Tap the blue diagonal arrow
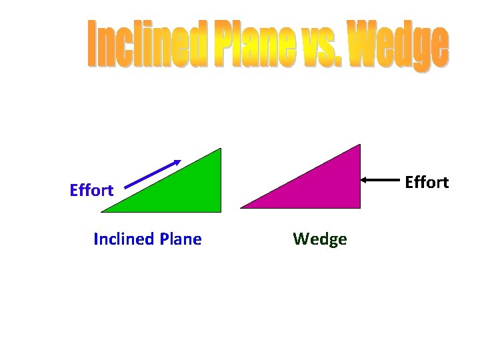tap(152, 175)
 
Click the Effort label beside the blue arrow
tap(91, 191)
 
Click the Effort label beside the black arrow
tap(427, 182)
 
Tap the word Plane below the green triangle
tap(180, 239)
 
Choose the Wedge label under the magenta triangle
tap(319, 239)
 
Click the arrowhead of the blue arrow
tap(177, 162)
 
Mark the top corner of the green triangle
tap(220, 149)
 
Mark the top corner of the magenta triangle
tap(359, 145)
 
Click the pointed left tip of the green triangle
tap(103, 211)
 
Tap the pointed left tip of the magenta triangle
tap(241, 207)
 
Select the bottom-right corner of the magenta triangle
tap(359, 207)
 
